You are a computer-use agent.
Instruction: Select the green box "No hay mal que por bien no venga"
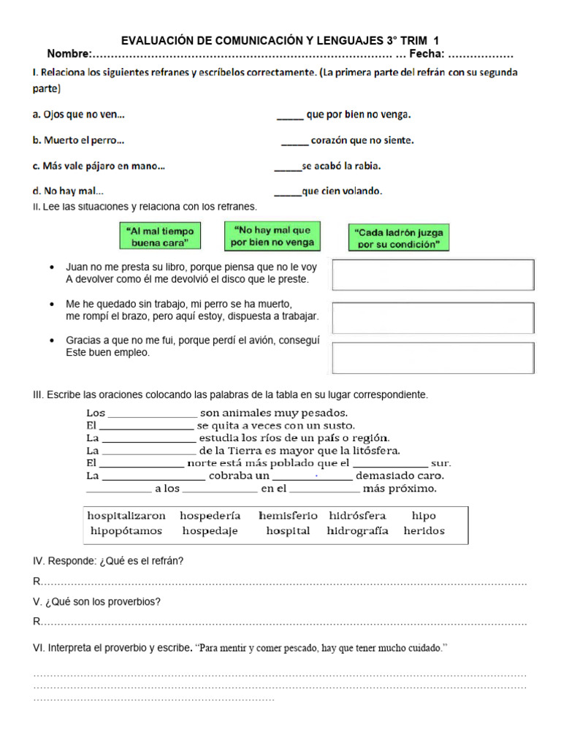tap(272, 236)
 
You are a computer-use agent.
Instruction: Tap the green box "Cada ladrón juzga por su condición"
tap(398, 238)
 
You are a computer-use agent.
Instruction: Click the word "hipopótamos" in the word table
tap(126, 531)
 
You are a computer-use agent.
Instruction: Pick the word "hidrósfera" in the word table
tap(357, 516)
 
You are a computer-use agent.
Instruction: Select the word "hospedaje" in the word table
tap(210, 531)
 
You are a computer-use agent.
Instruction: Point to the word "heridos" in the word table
tap(424, 531)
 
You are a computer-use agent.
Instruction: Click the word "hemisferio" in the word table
tap(287, 516)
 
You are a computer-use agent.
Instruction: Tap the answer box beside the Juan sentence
tap(433, 275)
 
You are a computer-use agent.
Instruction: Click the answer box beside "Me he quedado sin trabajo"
tap(433, 317)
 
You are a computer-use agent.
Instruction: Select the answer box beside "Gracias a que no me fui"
tap(433, 358)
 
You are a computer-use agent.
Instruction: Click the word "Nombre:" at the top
tap(69, 55)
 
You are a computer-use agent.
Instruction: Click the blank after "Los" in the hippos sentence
tap(152, 413)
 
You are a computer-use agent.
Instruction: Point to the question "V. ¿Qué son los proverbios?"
tap(97, 602)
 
